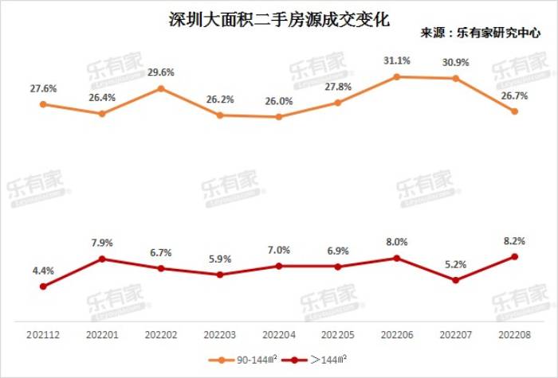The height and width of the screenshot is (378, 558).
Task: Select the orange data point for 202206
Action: (396, 76)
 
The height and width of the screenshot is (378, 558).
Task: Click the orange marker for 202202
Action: (160, 88)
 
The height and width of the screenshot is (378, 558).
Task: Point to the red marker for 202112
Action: (43, 286)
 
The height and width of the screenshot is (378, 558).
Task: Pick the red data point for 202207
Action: (455, 280)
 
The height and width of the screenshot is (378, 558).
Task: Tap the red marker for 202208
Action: (514, 256)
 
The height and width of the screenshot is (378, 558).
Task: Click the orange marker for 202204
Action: (278, 117)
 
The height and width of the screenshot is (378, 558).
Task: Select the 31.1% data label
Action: (396, 60)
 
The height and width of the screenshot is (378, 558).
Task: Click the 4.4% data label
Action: (43, 271)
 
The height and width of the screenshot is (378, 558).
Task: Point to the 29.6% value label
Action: (160, 72)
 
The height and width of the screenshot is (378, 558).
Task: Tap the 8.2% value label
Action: (514, 239)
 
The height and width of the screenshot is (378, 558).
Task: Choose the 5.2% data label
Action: (455, 263)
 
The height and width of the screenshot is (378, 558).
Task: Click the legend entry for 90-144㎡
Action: (246, 360)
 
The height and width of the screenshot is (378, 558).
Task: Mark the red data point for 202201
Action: (102, 259)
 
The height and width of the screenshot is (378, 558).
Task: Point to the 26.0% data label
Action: (278, 101)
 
